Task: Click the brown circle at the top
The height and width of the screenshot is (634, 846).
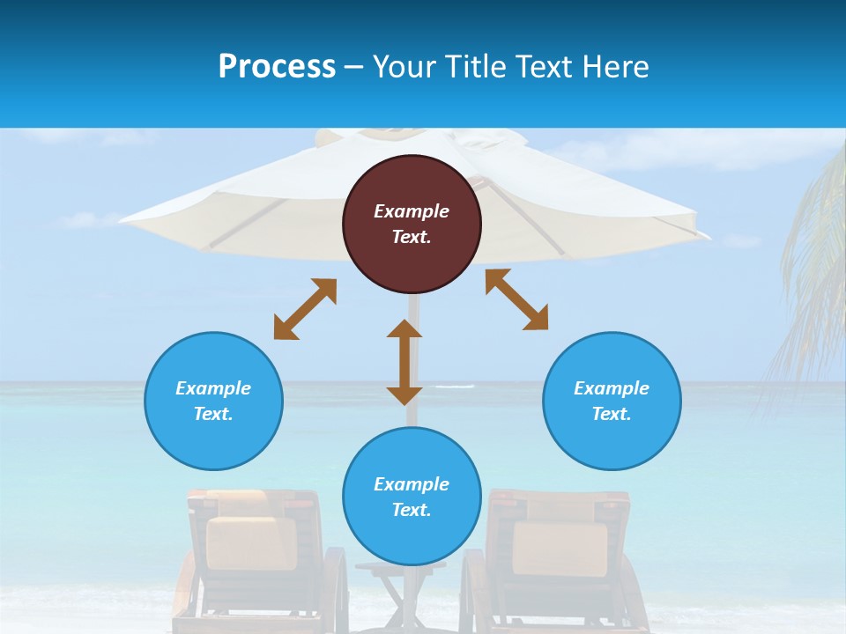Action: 412,225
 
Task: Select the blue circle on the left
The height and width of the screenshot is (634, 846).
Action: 213,402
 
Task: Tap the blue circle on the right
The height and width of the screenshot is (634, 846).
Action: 612,402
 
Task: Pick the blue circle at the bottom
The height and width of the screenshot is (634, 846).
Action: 412,497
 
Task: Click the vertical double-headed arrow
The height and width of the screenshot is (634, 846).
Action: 404,362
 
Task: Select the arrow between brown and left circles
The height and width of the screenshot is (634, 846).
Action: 305,309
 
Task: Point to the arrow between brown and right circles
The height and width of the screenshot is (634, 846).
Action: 516,299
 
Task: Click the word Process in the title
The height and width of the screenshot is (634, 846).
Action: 277,67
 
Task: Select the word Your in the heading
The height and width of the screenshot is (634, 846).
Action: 403,67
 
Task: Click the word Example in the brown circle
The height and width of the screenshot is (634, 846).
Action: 412,211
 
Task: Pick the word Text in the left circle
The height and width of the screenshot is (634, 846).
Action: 213,414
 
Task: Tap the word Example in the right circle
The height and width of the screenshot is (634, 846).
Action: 612,388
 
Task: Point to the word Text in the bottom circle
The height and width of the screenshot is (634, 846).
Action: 412,510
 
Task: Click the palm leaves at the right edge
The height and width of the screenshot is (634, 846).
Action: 811,264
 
